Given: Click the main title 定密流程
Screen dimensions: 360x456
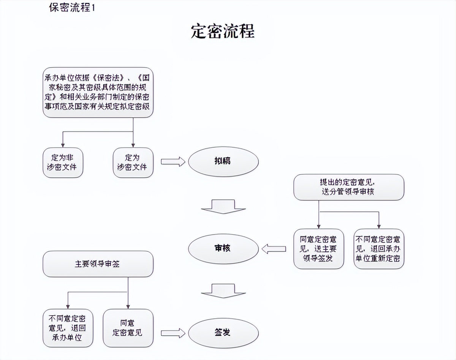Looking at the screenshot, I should (223, 32).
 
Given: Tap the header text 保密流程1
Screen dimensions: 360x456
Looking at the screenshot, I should (72, 8).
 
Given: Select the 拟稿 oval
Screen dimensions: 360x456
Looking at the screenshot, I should (223, 161).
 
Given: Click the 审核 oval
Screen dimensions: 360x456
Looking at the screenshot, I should (223, 249).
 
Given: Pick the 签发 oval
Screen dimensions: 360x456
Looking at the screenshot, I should (223, 333).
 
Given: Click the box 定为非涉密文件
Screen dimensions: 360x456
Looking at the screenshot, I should (62, 163).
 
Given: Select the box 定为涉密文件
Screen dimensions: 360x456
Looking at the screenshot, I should (133, 163).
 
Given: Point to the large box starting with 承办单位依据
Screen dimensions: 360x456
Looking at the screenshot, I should (98, 92).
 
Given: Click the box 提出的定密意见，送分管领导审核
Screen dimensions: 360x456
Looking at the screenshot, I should (348, 187).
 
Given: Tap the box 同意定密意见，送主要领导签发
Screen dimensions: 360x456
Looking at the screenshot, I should (318, 249).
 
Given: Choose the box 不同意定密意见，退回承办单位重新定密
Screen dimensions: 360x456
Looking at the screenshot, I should (378, 249).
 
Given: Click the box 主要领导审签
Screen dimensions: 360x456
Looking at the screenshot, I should (98, 264).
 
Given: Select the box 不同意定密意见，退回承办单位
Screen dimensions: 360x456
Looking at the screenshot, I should (68, 328).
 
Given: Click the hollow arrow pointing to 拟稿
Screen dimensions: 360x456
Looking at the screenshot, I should (173, 162).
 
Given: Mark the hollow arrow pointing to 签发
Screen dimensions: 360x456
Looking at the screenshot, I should (173, 333).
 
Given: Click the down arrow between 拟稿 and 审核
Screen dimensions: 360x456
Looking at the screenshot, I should (223, 206).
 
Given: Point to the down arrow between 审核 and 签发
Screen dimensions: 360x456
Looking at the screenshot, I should (223, 290).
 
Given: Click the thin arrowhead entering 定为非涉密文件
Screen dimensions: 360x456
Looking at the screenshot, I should (63, 145).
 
